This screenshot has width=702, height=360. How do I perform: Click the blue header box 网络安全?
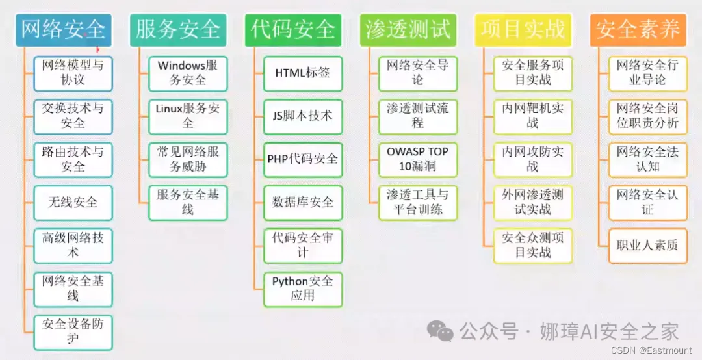coord(63,29)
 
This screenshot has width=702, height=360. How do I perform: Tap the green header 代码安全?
coord(293,29)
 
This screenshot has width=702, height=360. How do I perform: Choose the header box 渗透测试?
coord(408,29)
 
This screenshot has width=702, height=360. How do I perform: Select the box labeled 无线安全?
coord(73,202)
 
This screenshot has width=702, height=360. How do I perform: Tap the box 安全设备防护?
coord(73,331)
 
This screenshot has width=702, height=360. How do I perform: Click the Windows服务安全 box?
coord(188,73)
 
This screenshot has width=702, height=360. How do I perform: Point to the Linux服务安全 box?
coord(188,116)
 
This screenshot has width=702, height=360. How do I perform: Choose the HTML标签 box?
coord(303,73)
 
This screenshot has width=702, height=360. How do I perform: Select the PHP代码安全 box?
coord(303,159)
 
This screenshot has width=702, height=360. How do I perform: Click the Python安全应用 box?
coord(303,288)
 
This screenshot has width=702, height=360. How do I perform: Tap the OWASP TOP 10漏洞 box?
coord(418,159)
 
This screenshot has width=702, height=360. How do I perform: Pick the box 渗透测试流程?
coord(418,116)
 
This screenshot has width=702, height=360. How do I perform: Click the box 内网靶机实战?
coord(533,116)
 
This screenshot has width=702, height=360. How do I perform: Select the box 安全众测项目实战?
coord(533,245)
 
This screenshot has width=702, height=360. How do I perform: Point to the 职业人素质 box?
coord(647,245)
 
